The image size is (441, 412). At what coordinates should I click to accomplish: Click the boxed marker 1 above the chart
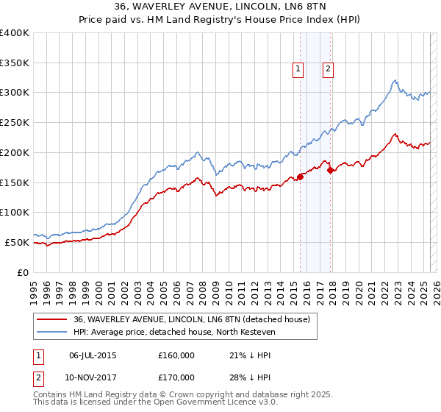[298, 69]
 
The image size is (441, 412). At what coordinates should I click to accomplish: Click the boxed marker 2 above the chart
[328, 69]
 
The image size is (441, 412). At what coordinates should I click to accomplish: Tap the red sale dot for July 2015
[300, 177]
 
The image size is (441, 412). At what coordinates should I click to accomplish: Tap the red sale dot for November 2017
[331, 171]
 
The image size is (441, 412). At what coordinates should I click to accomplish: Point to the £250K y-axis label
[15, 123]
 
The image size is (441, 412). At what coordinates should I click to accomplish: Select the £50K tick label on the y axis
[18, 242]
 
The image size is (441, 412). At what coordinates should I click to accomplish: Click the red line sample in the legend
[52, 319]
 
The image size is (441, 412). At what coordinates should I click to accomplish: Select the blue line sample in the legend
[52, 332]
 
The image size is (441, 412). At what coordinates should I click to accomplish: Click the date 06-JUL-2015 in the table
[93, 355]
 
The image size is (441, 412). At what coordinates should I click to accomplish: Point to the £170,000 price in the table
[176, 377]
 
